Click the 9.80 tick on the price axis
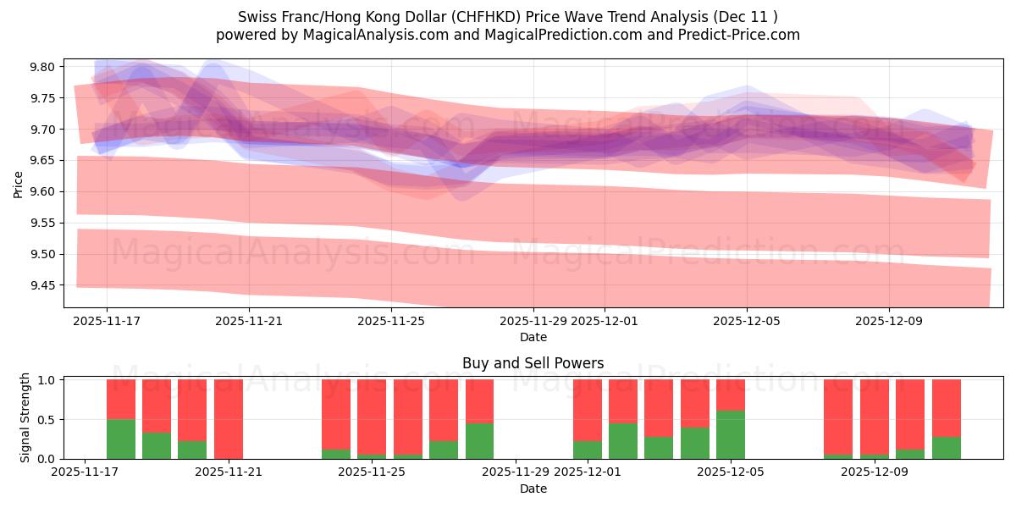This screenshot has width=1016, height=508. pyautogui.click(x=43, y=67)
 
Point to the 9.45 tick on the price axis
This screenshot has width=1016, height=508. pyautogui.click(x=43, y=285)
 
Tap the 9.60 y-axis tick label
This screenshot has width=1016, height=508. pyautogui.click(x=43, y=191)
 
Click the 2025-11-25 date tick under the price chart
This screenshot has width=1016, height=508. pyautogui.click(x=391, y=321)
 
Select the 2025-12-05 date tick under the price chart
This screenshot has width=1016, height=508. pyautogui.click(x=747, y=321)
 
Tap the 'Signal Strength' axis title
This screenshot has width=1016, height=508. pyautogui.click(x=25, y=418)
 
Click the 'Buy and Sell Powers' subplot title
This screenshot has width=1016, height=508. pyautogui.click(x=533, y=363)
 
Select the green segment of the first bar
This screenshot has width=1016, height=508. pyautogui.click(x=121, y=439)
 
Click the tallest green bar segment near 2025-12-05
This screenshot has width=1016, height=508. pyautogui.click(x=731, y=434)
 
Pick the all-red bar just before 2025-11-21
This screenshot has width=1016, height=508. pyautogui.click(x=229, y=419)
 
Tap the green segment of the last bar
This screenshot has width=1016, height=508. pyautogui.click(x=946, y=448)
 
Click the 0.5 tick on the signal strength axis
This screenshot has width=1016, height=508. pyautogui.click(x=45, y=419)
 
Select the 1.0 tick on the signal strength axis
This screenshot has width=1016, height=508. pyautogui.click(x=45, y=379)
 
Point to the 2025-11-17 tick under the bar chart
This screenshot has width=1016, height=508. pyautogui.click(x=86, y=472)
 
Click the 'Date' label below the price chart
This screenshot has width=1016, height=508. pyautogui.click(x=533, y=337)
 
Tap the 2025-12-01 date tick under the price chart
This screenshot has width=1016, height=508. pyautogui.click(x=605, y=321)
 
